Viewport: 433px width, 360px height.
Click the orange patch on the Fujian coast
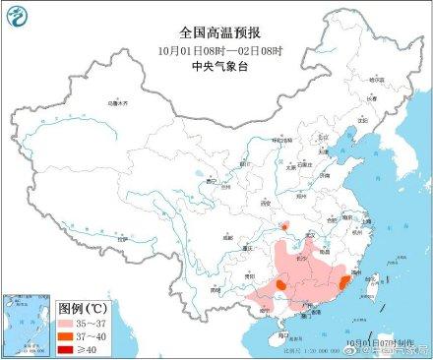coord(343,282)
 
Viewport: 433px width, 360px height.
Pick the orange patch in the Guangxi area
coord(280,285)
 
